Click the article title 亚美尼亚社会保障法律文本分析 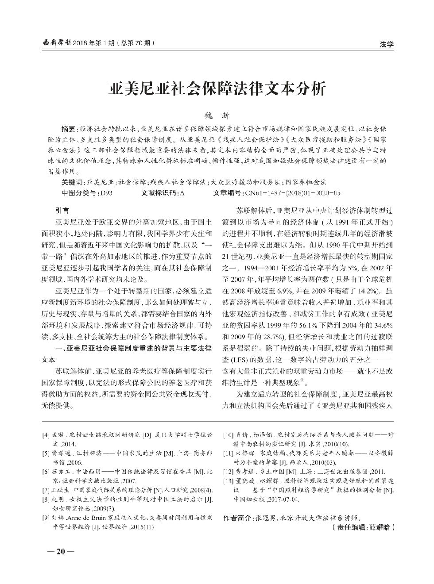tap(217, 89)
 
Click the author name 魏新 tap(217, 116)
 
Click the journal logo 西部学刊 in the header tap(55, 43)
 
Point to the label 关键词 tap(72, 182)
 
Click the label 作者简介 tap(237, 517)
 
